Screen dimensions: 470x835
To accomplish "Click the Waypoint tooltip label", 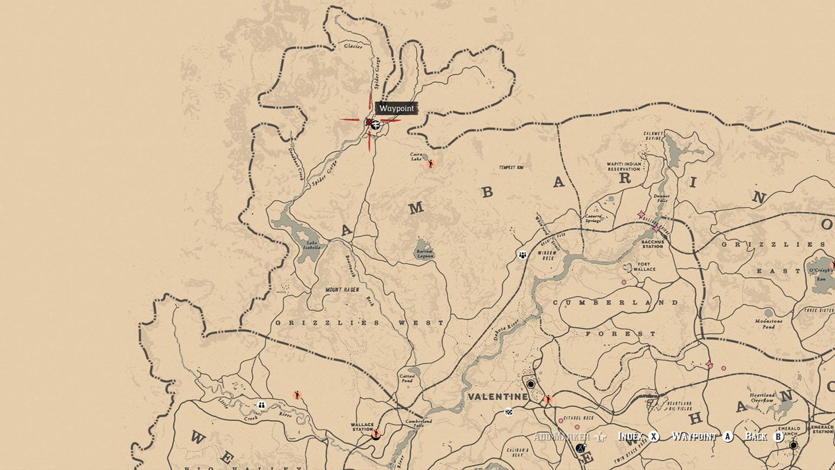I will coord(396,109).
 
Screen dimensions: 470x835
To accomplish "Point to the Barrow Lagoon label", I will coord(424,253).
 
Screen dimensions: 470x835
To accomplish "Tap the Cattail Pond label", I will coord(407,378).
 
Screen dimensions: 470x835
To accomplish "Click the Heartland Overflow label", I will coord(763,398).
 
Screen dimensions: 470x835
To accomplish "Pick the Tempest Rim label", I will coord(511,168).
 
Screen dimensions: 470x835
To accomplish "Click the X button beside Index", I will coord(654,437).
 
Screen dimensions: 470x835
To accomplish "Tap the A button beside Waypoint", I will coord(729,437).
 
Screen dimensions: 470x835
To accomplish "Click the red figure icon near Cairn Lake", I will coord(431,164).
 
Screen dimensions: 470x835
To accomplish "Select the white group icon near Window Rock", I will coord(522,255).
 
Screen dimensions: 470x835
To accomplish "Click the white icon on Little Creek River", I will coord(262,405).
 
